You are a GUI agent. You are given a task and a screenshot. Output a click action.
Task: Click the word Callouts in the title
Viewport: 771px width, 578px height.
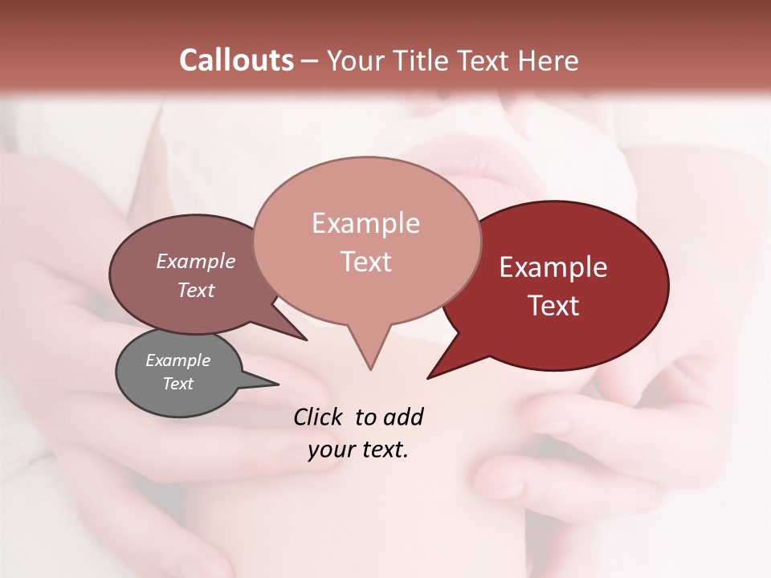click(236, 60)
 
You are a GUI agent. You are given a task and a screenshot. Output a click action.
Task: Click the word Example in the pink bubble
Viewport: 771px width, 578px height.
click(365, 223)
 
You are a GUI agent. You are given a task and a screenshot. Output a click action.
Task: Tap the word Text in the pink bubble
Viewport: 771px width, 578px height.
click(365, 262)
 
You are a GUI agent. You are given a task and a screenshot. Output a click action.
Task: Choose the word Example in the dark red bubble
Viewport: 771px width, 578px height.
click(553, 267)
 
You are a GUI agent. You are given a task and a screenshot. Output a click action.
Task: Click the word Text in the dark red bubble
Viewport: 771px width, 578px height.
click(553, 306)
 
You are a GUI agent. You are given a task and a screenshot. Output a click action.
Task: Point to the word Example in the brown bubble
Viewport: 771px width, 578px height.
click(195, 261)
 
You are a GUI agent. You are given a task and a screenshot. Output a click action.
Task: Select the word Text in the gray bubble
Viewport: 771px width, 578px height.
click(177, 384)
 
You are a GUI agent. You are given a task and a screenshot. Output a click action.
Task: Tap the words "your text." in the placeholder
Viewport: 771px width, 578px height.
click(358, 450)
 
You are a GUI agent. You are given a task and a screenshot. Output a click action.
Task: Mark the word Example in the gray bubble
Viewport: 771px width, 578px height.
click(177, 360)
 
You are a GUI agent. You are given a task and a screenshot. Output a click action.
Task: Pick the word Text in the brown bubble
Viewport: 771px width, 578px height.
click(195, 290)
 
